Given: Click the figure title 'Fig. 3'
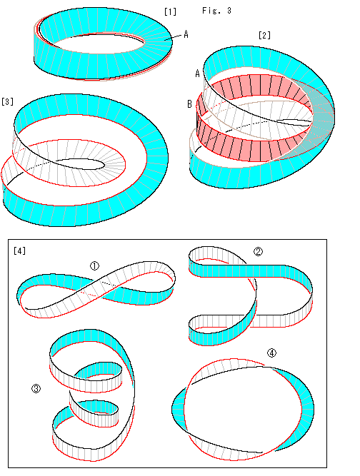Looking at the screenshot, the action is (216, 11).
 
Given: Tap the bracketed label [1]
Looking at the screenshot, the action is (170, 11).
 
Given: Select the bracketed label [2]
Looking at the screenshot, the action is (264, 35).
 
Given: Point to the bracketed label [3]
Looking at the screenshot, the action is (7, 101).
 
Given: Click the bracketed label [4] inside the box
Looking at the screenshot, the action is (19, 250).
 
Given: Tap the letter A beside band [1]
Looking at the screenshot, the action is (186, 34).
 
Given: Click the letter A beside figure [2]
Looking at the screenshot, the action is (197, 74).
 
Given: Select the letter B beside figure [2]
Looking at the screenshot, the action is (189, 104).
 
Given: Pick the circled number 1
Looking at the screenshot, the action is (94, 266).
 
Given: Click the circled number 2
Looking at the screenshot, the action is (259, 251).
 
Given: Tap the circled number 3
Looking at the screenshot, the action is (36, 388).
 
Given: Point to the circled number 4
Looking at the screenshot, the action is (271, 353).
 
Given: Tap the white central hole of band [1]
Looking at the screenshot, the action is (100, 45).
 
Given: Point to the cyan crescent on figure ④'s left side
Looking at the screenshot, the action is (179, 406).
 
